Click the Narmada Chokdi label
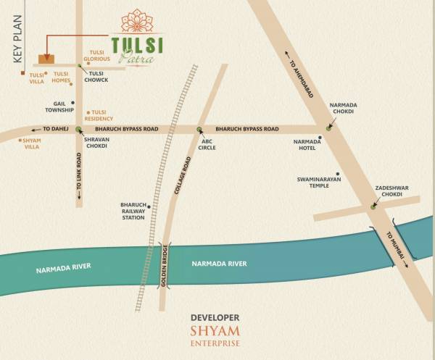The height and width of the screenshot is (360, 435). click(343, 108)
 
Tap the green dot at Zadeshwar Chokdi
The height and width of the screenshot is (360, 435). click(373, 206)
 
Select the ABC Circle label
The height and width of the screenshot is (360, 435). click(207, 143)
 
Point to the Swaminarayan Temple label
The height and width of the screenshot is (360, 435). click(319, 183)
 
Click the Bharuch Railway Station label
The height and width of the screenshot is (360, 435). click(133, 211)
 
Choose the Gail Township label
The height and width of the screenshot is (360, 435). click(60, 106)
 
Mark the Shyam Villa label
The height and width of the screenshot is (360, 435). click(31, 143)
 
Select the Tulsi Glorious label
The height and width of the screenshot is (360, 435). click(96, 56)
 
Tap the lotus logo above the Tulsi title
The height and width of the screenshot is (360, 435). click(137, 21)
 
